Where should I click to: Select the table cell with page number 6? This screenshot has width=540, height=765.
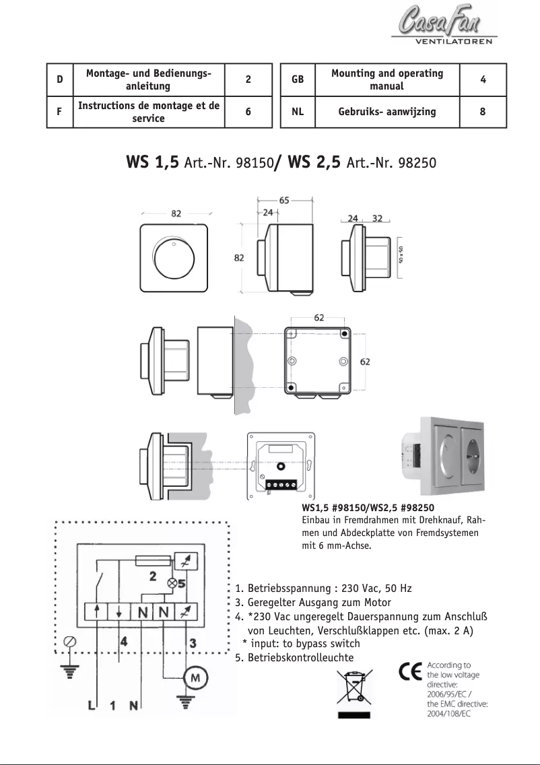click(x=248, y=112)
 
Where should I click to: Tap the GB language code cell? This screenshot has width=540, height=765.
click(x=298, y=79)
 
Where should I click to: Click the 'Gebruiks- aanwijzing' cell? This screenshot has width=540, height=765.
click(x=387, y=112)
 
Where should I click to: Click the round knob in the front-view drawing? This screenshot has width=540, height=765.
click(x=174, y=257)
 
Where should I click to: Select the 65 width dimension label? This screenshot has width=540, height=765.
click(x=284, y=200)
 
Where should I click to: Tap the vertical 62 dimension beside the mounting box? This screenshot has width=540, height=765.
click(x=364, y=361)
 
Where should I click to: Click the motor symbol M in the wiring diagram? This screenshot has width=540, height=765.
click(x=196, y=677)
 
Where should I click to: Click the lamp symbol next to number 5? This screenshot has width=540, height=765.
click(x=172, y=584)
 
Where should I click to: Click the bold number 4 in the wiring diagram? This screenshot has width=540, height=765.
click(x=124, y=642)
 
